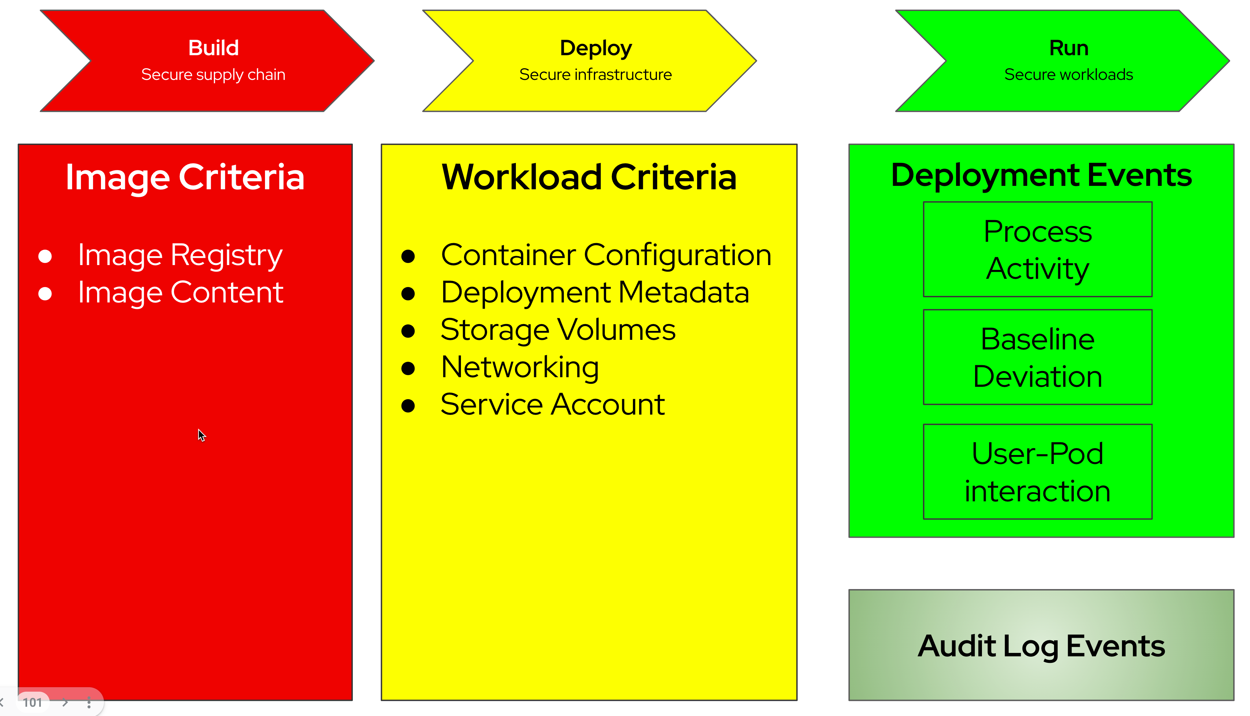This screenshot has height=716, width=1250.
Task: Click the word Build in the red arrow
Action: [213, 48]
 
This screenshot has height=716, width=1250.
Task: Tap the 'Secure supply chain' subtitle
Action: [213, 75]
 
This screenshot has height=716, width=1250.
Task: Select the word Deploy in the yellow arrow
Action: [595, 48]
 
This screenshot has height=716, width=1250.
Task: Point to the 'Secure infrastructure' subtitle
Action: [595, 75]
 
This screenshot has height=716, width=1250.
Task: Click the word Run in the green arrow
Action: [1068, 48]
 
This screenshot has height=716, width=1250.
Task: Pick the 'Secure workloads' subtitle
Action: [1068, 75]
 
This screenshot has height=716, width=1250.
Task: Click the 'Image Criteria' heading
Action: [185, 177]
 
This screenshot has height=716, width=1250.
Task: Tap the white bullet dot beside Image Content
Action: [45, 294]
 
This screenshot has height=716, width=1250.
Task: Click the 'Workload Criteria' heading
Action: [589, 177]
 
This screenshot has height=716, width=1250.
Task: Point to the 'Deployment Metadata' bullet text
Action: [594, 293]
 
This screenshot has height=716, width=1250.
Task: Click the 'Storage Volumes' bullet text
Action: [558, 330]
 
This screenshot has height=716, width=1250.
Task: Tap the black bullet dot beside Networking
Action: [408, 368]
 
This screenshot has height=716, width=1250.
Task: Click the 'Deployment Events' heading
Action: [1041, 175]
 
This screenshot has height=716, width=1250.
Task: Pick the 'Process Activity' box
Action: [1038, 250]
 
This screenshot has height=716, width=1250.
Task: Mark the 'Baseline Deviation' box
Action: [1038, 358]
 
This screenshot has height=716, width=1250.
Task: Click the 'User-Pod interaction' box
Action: [1038, 472]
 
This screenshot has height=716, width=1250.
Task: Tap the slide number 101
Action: [33, 703]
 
